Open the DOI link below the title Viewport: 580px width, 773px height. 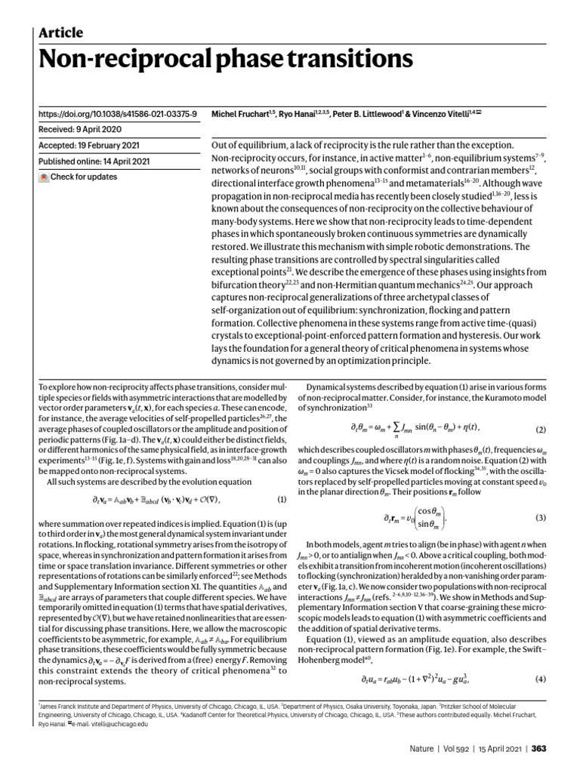(x=117, y=114)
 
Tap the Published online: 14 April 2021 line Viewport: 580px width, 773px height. (x=94, y=162)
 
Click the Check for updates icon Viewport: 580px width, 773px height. (x=44, y=177)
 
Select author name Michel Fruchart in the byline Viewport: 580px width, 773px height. (x=241, y=114)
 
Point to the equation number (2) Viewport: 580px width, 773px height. (x=541, y=430)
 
